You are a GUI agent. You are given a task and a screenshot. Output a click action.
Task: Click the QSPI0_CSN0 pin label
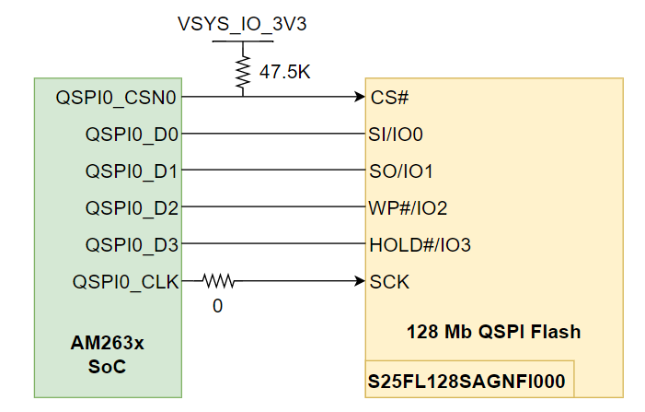[117, 96]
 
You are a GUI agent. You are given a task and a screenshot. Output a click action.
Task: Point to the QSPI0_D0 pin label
[132, 134]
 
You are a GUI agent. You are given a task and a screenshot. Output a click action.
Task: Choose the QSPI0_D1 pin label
[132, 171]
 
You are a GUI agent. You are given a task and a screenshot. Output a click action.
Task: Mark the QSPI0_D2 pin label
[132, 208]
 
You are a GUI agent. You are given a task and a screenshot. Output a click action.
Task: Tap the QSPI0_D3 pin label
[132, 245]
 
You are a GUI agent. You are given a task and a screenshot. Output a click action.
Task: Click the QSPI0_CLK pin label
[125, 281]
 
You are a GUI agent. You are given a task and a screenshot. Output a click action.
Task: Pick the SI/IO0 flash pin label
[396, 134]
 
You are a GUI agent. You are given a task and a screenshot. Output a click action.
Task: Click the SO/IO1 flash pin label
[400, 171]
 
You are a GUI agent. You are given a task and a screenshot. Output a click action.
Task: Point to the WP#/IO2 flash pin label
[408, 208]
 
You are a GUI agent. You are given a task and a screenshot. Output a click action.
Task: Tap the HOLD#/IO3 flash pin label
[420, 245]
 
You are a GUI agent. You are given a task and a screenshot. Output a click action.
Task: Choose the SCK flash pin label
[389, 281]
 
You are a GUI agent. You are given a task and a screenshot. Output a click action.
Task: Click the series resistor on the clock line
[218, 279]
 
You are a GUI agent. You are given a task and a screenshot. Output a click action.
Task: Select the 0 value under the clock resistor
[217, 305]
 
